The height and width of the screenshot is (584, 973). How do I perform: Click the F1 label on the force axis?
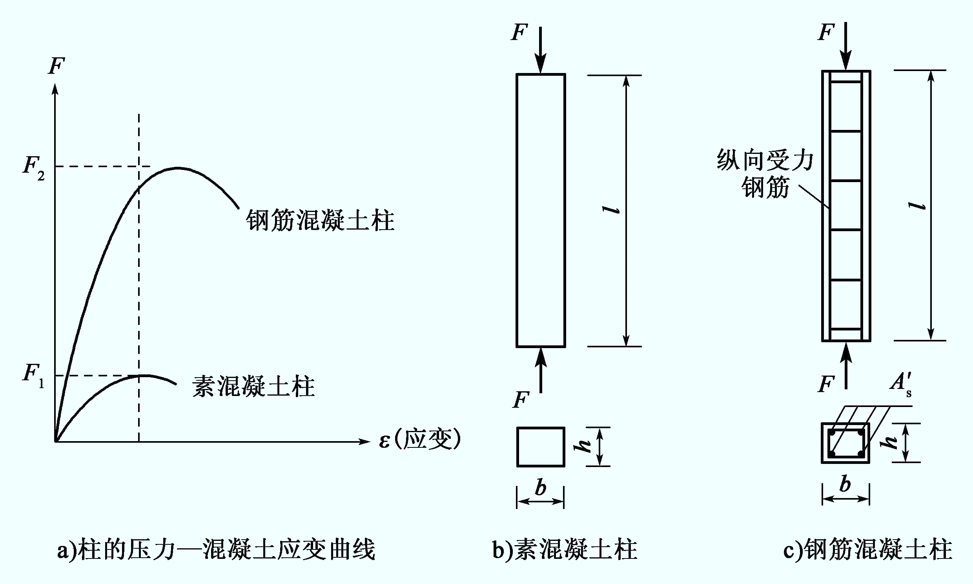pyautogui.click(x=34, y=376)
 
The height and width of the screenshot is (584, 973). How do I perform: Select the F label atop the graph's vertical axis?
pyautogui.click(x=56, y=66)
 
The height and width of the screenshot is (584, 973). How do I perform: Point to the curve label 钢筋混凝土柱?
pyautogui.click(x=320, y=221)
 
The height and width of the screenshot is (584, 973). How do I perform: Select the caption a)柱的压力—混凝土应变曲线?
pyautogui.click(x=216, y=550)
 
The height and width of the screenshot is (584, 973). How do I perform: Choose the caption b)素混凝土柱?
pyautogui.click(x=565, y=550)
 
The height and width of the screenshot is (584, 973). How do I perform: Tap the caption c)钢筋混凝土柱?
pyautogui.click(x=867, y=550)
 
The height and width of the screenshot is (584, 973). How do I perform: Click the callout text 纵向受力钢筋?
pyautogui.click(x=765, y=173)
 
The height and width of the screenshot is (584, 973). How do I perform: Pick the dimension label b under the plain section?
pyautogui.click(x=541, y=488)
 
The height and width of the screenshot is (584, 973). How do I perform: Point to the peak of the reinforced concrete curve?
pyautogui.click(x=178, y=168)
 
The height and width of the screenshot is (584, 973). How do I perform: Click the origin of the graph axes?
pyautogui.click(x=55, y=442)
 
